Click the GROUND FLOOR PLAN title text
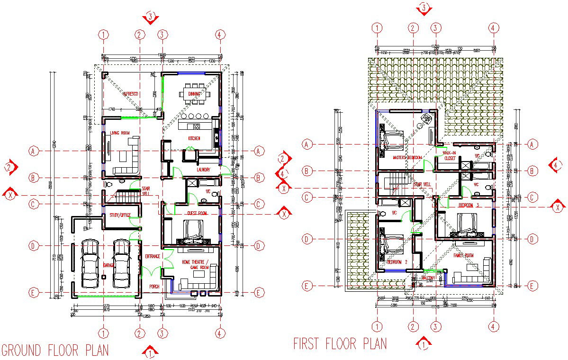point(55,351)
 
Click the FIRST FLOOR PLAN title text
point(340,343)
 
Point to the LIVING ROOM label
point(120,134)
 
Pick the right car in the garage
point(121,263)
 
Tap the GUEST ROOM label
point(197,214)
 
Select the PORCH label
point(154,287)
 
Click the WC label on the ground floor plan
point(208,192)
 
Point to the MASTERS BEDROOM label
point(407,158)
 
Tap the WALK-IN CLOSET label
point(450,156)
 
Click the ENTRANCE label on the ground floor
point(152,256)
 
